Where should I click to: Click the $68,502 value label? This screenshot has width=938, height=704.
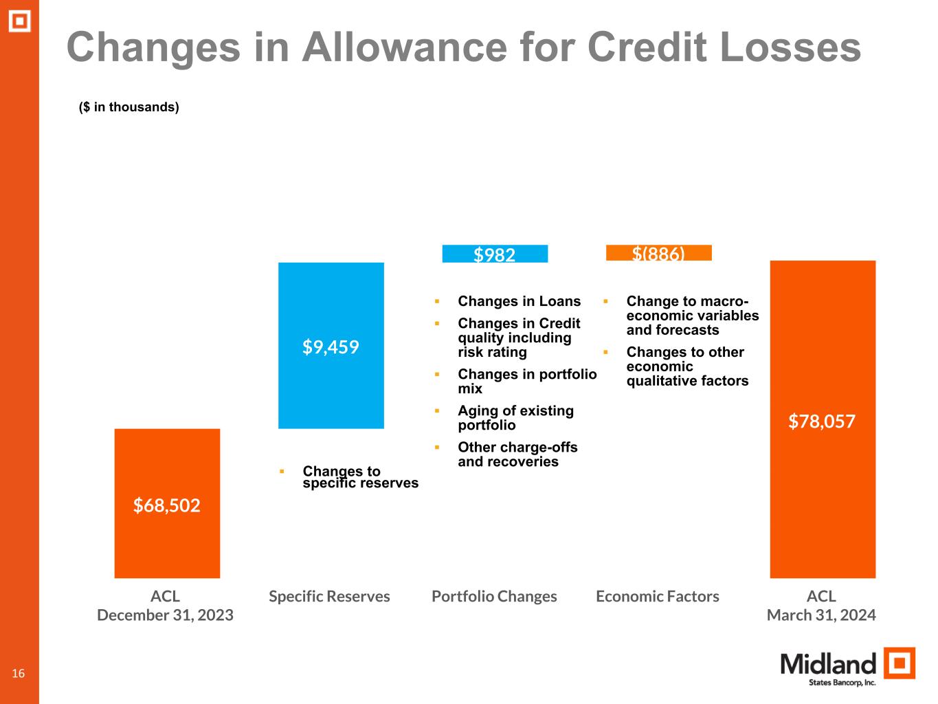pyautogui.click(x=167, y=506)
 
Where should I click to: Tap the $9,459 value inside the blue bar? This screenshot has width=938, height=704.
pyautogui.click(x=331, y=347)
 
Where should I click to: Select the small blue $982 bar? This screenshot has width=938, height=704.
pyautogui.click(x=495, y=254)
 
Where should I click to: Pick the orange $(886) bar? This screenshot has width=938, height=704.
pyautogui.click(x=658, y=253)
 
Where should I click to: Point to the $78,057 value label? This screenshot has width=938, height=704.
pyautogui.click(x=822, y=421)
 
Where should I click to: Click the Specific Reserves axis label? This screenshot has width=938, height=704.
pyautogui.click(x=329, y=596)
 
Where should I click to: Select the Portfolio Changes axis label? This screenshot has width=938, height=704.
pyautogui.click(x=494, y=596)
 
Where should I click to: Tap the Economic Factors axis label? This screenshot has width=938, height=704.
pyautogui.click(x=658, y=596)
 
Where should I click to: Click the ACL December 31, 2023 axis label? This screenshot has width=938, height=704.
pyautogui.click(x=166, y=606)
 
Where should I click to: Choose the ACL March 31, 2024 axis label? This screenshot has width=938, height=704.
pyautogui.click(x=821, y=606)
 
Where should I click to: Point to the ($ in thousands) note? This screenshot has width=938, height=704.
pyautogui.click(x=129, y=107)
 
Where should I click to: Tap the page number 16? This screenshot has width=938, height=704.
pyautogui.click(x=19, y=673)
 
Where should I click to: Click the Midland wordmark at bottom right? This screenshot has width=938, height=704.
pyautogui.click(x=828, y=664)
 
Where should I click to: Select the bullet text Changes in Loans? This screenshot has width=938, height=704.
pyautogui.click(x=519, y=301)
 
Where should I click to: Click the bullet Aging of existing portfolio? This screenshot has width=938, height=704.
pyautogui.click(x=515, y=418)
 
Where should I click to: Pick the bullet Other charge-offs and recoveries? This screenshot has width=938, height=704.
pyautogui.click(x=517, y=454)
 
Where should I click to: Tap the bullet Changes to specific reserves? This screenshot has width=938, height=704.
pyautogui.click(x=360, y=477)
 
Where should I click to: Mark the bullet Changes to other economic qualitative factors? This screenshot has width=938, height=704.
pyautogui.click(x=686, y=366)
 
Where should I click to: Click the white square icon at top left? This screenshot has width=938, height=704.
pyautogui.click(x=19, y=21)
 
